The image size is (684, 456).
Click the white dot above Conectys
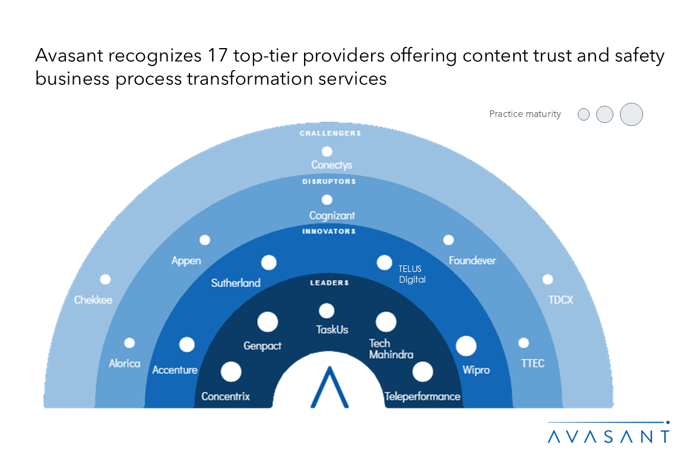coord(327,151)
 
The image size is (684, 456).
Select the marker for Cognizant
coord(327,200)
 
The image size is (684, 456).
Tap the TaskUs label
coord(332,330)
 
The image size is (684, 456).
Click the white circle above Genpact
coord(268,322)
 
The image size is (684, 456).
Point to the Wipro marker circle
coord(466,346)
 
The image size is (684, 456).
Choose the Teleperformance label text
coord(422,396)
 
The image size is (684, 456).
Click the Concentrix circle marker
coord(231,372)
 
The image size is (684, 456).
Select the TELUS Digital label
coord(412,274)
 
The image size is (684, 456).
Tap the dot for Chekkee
coord(105,279)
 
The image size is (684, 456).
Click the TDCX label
coord(560,300)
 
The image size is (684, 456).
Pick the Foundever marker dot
coord(448,240)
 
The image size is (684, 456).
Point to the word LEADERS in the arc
coord(330,283)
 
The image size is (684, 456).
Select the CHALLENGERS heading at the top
coord(330,134)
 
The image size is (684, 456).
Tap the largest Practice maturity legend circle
coord(631,114)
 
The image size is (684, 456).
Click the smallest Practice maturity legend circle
coord(584,115)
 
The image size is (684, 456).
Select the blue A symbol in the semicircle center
coord(328,387)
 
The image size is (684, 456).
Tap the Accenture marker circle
coord(187,344)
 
